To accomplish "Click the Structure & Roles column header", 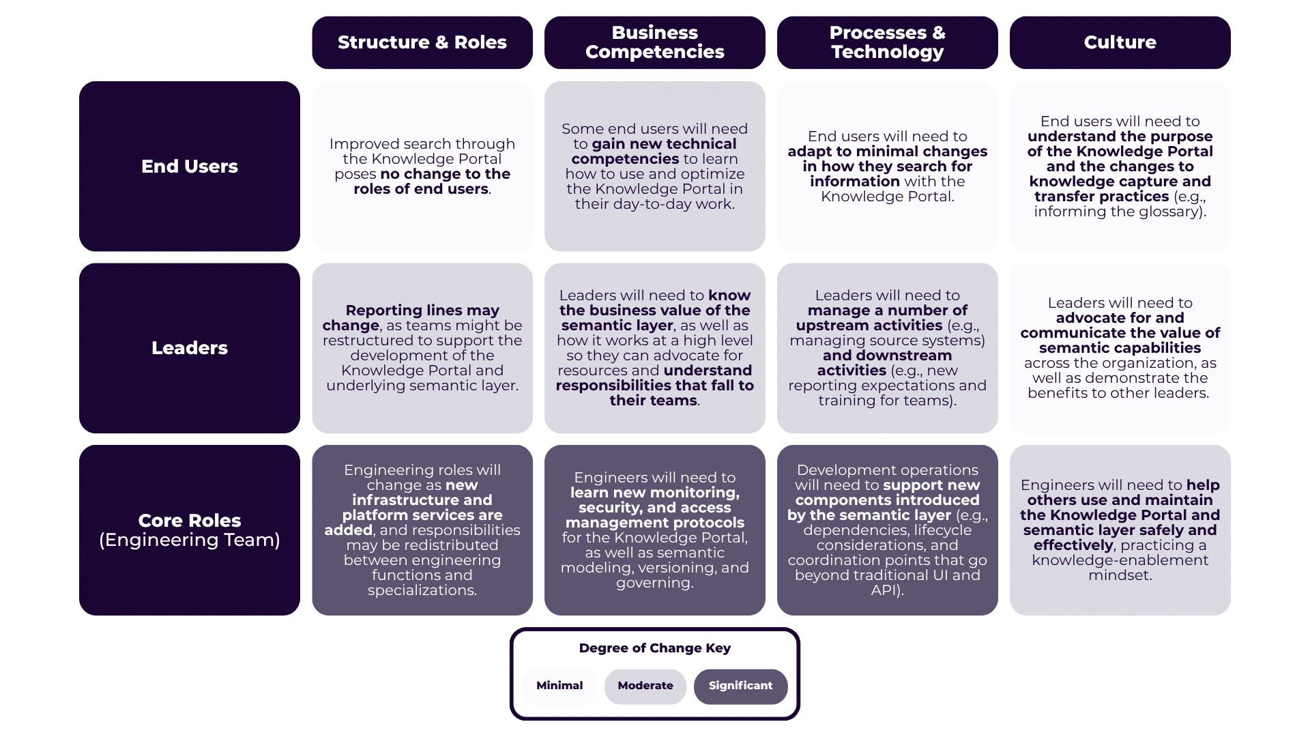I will [422, 42].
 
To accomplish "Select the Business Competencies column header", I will [654, 42].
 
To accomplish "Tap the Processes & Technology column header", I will [887, 42].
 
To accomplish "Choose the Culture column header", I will [1120, 42].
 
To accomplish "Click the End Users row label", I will [190, 167].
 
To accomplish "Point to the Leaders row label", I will [190, 348].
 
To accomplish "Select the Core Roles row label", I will [190, 530].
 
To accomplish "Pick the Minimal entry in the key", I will [559, 686].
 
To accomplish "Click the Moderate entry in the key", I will [645, 686].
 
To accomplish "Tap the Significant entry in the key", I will [740, 686].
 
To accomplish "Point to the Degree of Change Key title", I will [654, 648].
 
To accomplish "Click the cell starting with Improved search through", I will [422, 167].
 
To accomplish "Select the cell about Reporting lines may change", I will [422, 348].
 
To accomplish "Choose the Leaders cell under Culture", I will [1120, 348].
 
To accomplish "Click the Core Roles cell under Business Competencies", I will [654, 530].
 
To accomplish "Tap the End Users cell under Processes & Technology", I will [887, 167].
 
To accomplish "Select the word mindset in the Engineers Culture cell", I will [1120, 575].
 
